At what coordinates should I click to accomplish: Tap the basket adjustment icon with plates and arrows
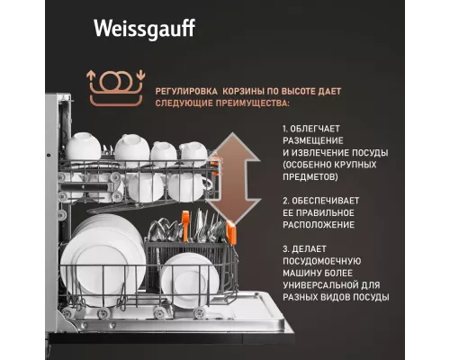pos(114,84)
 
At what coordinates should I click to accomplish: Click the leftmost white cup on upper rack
pos(83,147)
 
